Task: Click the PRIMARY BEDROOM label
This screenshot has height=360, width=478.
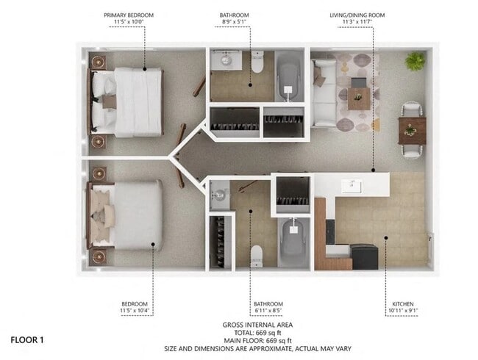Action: [x=129, y=15]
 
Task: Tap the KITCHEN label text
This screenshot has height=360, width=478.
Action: [x=403, y=304]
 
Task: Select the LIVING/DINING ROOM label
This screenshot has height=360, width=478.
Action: [x=357, y=15]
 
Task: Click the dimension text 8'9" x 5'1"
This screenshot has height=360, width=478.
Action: [x=234, y=21]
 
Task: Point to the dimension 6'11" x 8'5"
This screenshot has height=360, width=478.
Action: [x=268, y=311]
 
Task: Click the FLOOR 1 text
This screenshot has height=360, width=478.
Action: [x=27, y=340]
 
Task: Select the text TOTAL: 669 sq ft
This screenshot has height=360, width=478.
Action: [x=257, y=333]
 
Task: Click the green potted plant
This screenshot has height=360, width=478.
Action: [x=415, y=61]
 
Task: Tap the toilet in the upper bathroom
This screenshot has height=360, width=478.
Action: [x=257, y=62]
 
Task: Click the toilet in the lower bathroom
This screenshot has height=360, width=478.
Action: [x=257, y=256]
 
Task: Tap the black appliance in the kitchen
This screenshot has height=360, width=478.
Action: [x=365, y=256]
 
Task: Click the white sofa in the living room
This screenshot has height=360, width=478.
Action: [x=324, y=93]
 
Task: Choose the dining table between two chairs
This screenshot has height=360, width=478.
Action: [x=412, y=131]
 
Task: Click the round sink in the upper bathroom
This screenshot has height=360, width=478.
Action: [x=226, y=60]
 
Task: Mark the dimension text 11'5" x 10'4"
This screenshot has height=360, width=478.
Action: [x=135, y=311]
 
